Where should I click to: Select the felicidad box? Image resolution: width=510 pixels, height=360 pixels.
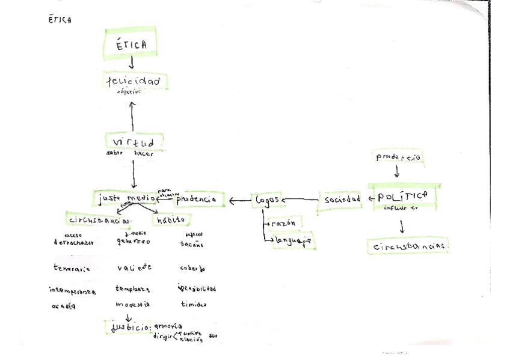[x=133, y=81]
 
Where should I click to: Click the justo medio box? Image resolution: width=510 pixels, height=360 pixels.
[x=125, y=198]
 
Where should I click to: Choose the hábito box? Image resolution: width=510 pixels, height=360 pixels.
[x=171, y=220]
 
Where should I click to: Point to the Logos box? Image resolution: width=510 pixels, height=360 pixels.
[x=267, y=200]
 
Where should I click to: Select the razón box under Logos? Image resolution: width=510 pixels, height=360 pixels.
[x=283, y=223]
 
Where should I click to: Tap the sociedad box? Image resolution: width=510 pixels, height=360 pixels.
[x=342, y=199]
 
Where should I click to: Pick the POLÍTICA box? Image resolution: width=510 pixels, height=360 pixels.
[x=402, y=196]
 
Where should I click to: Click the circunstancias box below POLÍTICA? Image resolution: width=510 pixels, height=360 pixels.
[x=409, y=246]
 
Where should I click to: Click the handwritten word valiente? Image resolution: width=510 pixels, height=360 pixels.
[x=134, y=268]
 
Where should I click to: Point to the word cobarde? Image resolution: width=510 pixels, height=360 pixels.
[x=194, y=268]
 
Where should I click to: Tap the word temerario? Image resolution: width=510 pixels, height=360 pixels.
[x=72, y=269]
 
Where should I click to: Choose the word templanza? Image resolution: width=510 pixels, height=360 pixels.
[x=132, y=288]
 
